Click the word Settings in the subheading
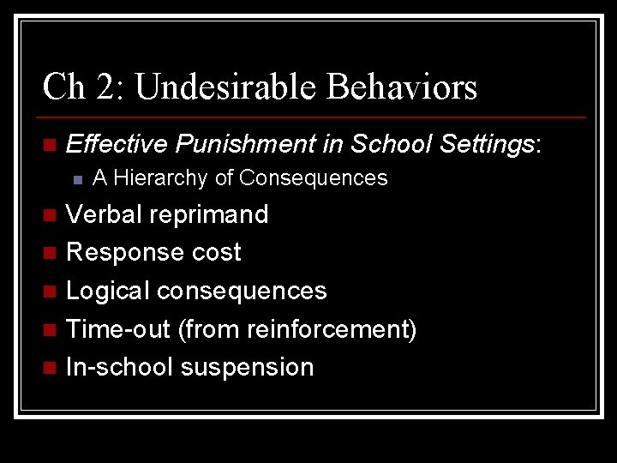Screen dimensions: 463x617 pos(486,145)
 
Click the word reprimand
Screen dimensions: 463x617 pos(209,214)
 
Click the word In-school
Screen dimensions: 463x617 pos(120,367)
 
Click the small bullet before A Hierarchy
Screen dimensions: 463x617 pos(77,179)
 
